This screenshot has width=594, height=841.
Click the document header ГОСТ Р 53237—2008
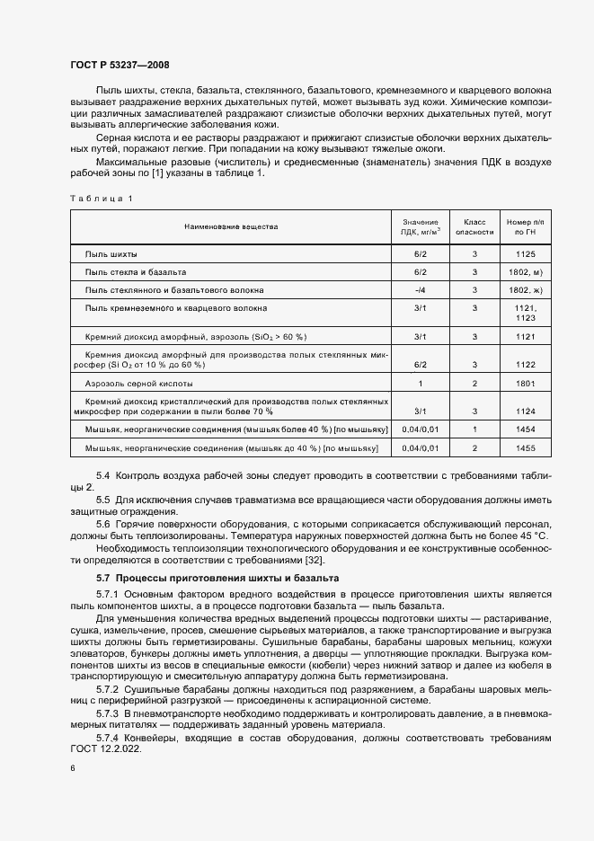coord(119,65)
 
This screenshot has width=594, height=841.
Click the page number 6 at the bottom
coord(73,768)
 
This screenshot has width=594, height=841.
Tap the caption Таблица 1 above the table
coord(101,198)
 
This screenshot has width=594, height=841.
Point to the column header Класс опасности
coord(475,226)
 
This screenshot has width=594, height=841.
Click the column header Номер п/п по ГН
coord(526,226)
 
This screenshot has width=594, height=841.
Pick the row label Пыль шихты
coord(111,253)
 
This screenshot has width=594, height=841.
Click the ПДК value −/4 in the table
coord(420,290)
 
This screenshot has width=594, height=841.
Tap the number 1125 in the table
coord(526,253)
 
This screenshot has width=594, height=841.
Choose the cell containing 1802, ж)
coord(526,290)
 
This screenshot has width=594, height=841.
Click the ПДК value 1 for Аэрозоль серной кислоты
coord(420,383)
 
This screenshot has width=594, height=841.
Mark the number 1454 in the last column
coord(526,429)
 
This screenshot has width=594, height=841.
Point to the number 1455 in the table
coord(526,447)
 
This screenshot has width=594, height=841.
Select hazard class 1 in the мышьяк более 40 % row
coord(475,429)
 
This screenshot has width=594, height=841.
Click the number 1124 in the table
coord(526,411)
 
